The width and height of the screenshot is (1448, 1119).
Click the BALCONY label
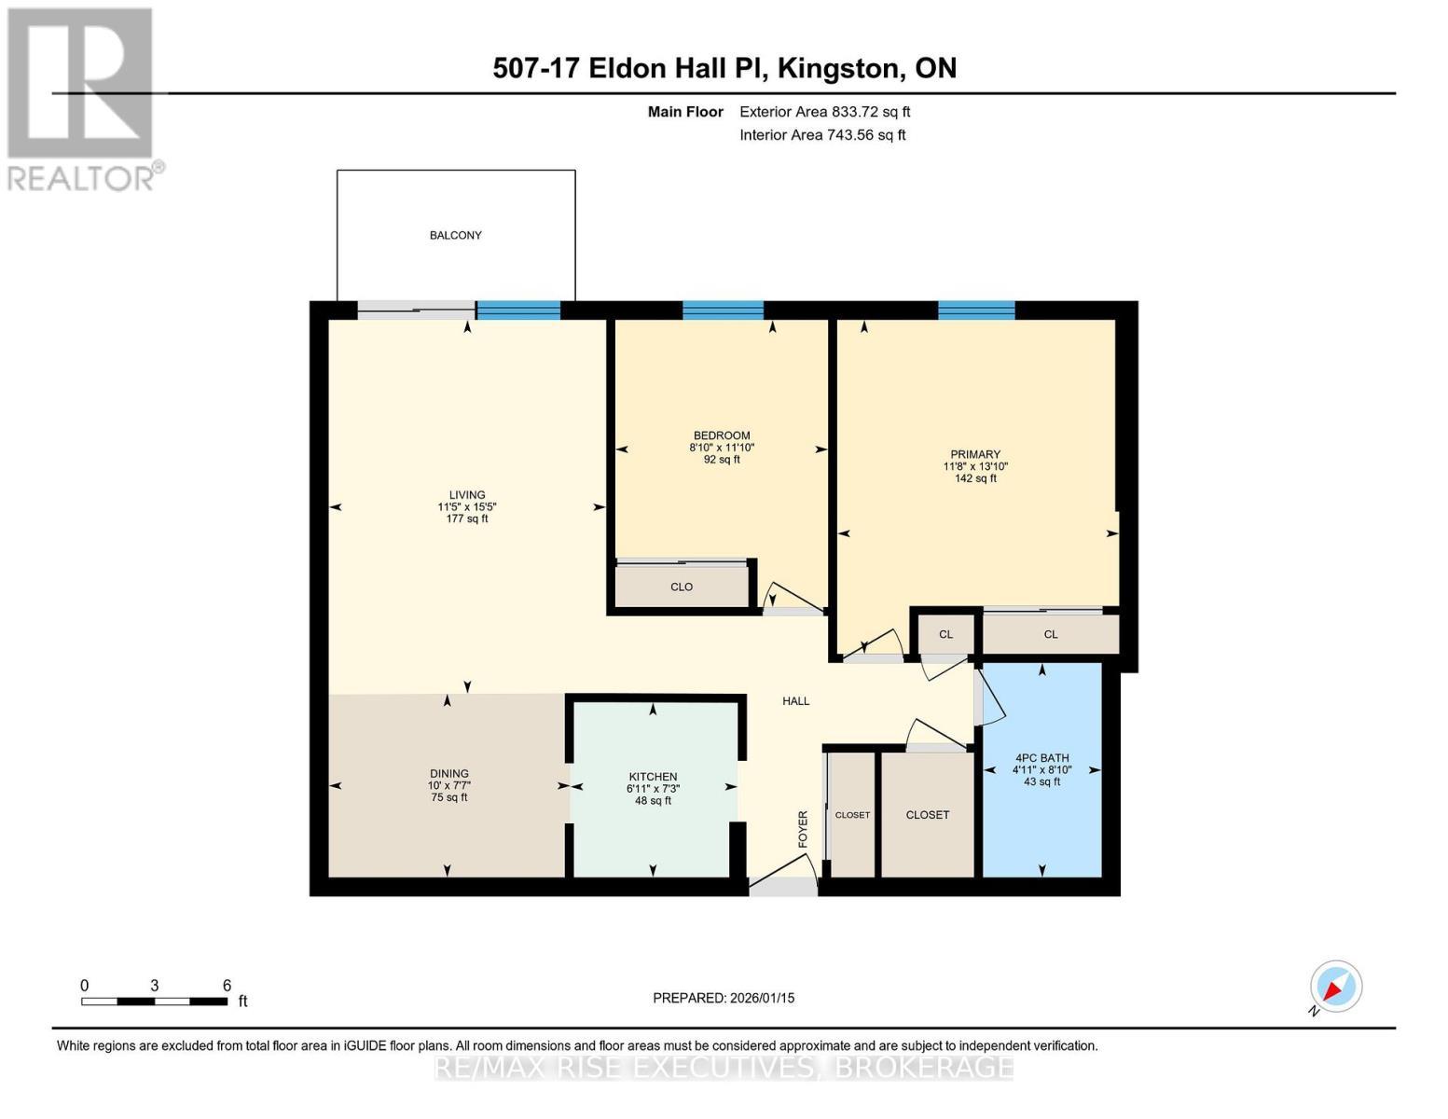tap(455, 235)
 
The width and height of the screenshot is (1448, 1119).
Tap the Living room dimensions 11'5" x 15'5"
tap(466, 507)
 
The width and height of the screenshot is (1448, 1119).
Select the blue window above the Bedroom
tap(723, 311)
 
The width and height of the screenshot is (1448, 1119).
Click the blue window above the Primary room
tap(976, 311)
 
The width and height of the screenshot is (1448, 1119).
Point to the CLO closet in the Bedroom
tap(682, 587)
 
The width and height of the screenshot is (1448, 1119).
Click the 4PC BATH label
tap(1041, 758)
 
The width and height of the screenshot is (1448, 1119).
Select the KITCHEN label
tap(653, 777)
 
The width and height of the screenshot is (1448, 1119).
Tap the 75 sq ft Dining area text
tap(448, 797)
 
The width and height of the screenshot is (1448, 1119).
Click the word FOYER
tap(803, 829)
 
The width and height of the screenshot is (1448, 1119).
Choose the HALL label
tap(795, 701)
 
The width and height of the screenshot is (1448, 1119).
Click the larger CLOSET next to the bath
tap(927, 814)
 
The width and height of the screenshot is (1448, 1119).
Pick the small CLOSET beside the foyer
tap(852, 814)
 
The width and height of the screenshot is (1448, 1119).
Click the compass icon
tap(1336, 987)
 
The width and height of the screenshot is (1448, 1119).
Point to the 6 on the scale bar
tap(227, 985)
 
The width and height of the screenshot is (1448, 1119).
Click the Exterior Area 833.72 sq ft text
tap(824, 112)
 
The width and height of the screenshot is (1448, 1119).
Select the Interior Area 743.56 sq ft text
tap(822, 135)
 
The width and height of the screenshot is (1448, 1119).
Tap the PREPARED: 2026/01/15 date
tap(724, 998)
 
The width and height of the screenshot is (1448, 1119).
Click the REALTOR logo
tap(82, 98)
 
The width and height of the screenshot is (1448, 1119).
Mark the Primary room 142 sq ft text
tap(975, 478)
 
